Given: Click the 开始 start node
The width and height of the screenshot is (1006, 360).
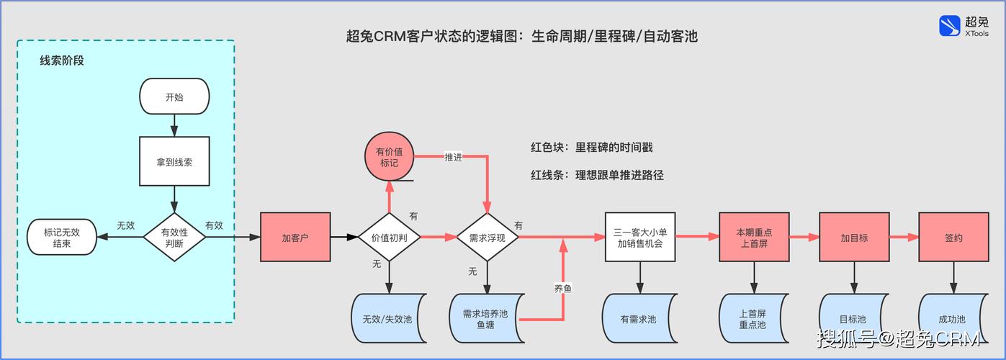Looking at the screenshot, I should [x=174, y=96].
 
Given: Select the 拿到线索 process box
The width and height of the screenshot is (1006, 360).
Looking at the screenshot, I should [x=174, y=162].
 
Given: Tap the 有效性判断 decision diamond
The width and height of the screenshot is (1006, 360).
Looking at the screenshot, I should [x=174, y=237].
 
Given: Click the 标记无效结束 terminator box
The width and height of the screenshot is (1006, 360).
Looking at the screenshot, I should [x=61, y=237].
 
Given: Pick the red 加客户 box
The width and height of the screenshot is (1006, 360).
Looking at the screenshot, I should [x=295, y=237].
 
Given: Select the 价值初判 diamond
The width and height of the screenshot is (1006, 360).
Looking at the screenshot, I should [x=389, y=237].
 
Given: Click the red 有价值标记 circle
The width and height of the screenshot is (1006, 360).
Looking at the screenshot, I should [x=389, y=158].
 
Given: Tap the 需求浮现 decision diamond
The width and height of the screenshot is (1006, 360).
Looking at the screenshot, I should [x=488, y=237].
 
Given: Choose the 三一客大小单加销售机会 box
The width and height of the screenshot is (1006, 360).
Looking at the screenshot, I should [x=639, y=237].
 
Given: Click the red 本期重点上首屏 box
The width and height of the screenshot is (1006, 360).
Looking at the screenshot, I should [x=754, y=237].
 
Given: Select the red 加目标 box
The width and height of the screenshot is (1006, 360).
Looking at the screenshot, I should [x=854, y=237].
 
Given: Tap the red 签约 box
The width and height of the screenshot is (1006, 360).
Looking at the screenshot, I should [x=953, y=237].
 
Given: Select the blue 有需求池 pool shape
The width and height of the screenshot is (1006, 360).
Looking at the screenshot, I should [x=639, y=319].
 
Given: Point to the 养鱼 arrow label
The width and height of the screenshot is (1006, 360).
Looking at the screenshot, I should [x=563, y=288].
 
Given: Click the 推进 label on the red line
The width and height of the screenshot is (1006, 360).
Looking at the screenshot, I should [x=453, y=157].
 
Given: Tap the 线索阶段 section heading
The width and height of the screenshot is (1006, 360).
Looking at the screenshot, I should [x=62, y=61].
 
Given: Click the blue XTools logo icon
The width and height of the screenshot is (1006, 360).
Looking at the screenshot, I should [x=950, y=27].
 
